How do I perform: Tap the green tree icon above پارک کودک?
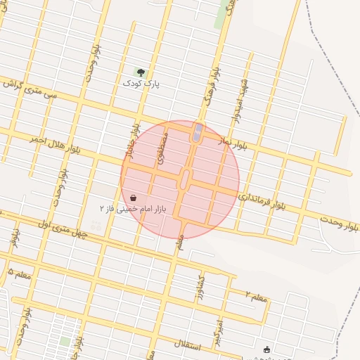click(141, 72)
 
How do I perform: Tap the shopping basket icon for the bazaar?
click(134, 198)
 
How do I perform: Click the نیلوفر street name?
click(13, 237)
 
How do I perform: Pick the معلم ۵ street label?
click(19, 272)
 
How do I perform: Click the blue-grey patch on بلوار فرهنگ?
click(198, 131)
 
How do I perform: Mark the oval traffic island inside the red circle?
click(185, 179)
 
